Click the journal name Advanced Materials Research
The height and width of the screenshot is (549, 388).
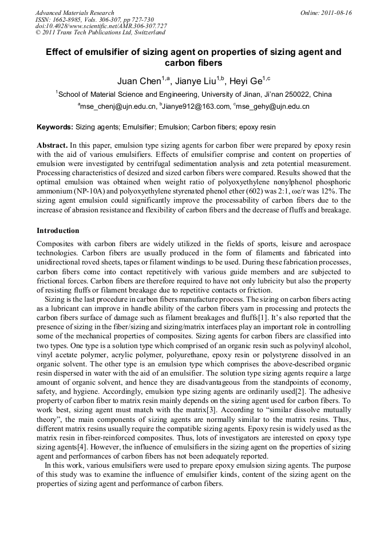click(x=74, y=13)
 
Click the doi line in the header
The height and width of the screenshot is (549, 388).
click(x=101, y=26)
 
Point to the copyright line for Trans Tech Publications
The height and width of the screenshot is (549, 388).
click(x=100, y=33)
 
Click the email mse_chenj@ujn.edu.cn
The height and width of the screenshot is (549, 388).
click(x=118, y=106)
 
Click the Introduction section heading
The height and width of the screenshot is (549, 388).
click(x=58, y=231)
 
